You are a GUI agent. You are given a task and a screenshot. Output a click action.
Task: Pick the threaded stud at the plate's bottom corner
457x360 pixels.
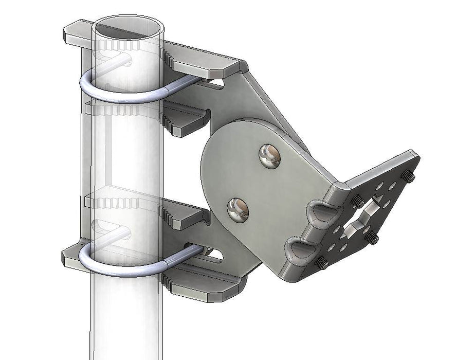[322, 264]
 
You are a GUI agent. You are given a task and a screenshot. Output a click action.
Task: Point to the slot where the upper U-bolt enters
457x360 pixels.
[216, 82]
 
